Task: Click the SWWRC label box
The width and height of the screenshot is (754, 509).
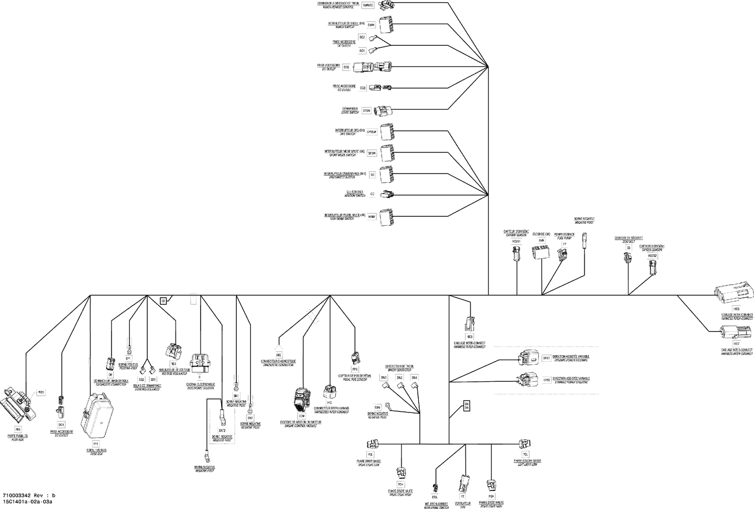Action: [368, 5]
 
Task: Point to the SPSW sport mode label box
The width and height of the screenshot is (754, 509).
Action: [371, 153]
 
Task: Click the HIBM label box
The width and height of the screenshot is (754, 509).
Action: [371, 217]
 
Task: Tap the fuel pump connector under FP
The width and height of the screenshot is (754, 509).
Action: [562, 256]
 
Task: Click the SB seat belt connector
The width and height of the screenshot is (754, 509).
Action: [627, 258]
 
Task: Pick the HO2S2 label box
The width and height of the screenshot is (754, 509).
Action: [652, 256]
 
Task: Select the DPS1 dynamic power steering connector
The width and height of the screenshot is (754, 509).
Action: [528, 358]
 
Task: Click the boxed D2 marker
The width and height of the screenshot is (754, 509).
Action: [163, 301]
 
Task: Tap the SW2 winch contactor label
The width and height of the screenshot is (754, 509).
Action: [399, 377]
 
